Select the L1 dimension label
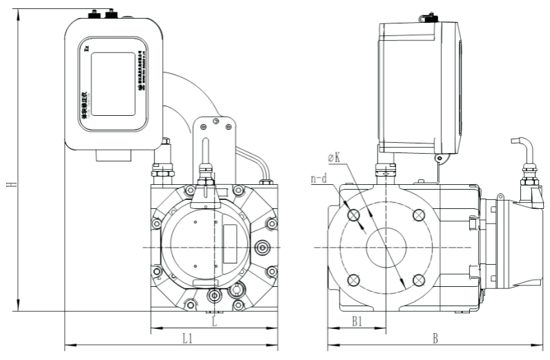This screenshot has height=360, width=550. point(187,338)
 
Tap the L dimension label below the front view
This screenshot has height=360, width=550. point(215,321)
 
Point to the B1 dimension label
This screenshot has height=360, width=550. point(357,321)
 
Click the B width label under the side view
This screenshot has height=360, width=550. point(435,338)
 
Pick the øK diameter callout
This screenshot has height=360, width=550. point(333,159)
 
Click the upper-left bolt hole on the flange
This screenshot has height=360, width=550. point(354,215)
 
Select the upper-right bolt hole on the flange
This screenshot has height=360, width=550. point(417,215)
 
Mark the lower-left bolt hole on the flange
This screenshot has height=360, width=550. point(354,279)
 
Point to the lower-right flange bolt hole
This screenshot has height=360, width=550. point(417,279)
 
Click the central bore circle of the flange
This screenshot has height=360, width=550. point(385,247)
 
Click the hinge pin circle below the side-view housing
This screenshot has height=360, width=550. point(438,159)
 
